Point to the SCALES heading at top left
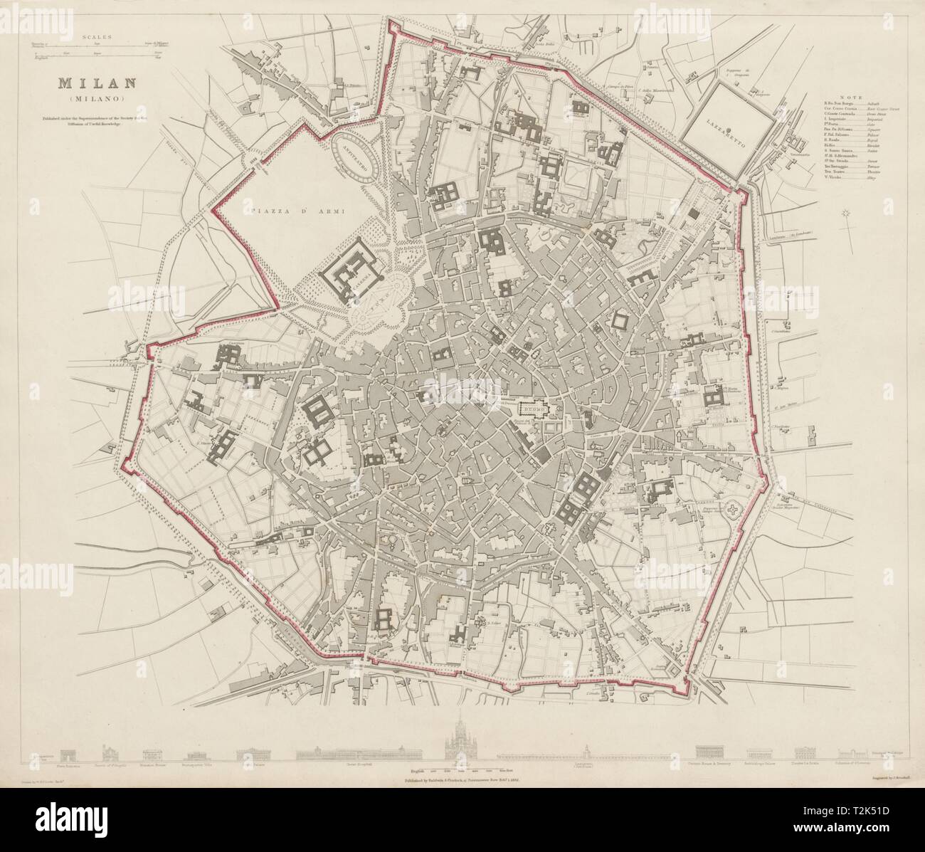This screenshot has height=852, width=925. [95, 35]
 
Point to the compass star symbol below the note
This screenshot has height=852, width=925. [846, 214]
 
